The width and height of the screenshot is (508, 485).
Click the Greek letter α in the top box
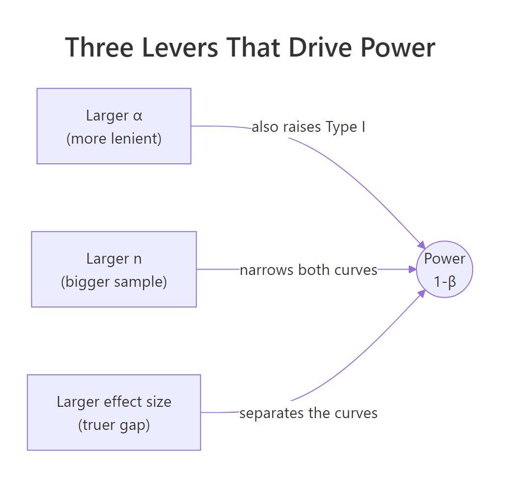point(138,116)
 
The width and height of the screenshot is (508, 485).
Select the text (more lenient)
point(114,139)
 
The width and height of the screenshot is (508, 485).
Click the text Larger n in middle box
point(114,259)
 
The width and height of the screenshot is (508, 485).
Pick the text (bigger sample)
point(114,282)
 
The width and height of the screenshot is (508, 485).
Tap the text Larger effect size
point(114,402)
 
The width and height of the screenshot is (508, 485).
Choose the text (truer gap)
point(114,425)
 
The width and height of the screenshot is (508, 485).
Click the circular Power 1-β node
point(445,269)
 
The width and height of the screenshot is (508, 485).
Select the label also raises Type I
point(308,127)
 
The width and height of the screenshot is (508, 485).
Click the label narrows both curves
point(309,270)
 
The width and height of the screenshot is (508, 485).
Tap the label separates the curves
point(309,413)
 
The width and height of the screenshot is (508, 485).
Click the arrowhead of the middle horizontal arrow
point(413,269)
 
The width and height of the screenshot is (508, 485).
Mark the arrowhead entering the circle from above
point(421,245)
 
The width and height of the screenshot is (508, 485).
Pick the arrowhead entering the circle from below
point(421,294)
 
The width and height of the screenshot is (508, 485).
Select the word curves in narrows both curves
point(357,270)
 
